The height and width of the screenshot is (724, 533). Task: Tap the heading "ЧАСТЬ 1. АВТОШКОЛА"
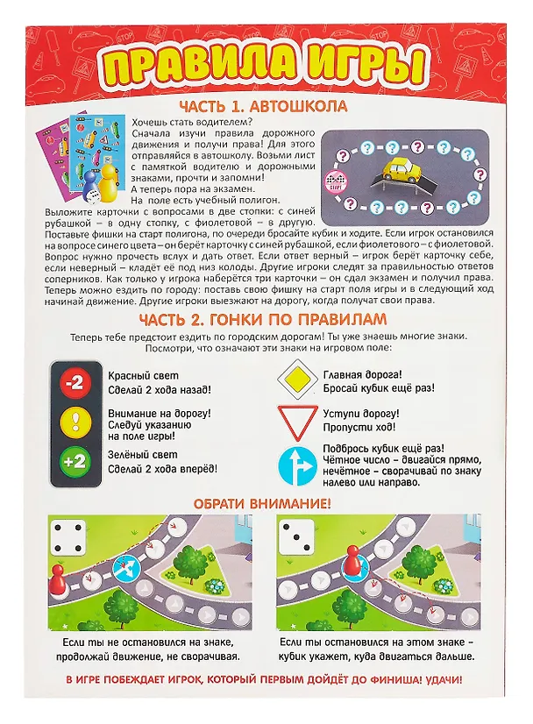coord(264,107)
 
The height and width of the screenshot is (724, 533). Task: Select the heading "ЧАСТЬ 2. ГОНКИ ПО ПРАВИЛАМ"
coord(263,320)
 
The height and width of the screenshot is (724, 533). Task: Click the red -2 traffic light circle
coord(75,383)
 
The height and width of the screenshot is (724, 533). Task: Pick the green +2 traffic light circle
coord(75,461)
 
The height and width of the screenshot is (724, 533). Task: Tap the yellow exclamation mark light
coord(75,422)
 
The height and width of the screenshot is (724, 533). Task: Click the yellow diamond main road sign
coord(298,379)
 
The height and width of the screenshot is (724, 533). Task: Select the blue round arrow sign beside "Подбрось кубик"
coord(298,466)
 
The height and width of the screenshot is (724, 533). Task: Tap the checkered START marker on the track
coord(336,181)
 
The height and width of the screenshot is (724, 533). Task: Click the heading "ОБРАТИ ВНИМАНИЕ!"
coord(262,504)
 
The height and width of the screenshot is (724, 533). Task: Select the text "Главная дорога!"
coord(363,375)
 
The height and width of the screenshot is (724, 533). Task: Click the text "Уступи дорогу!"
coord(361,414)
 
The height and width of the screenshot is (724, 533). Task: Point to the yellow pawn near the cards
coord(109,179)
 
